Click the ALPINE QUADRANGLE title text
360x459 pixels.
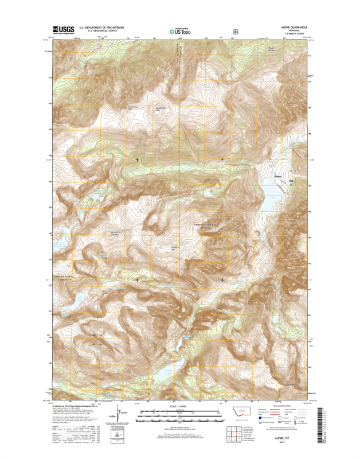pos(294,27)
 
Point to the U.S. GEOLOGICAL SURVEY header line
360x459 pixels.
pos(102,32)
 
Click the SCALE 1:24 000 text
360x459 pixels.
pos(179,408)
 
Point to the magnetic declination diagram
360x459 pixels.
pos(122,414)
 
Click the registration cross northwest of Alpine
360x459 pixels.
pos(222,159)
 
